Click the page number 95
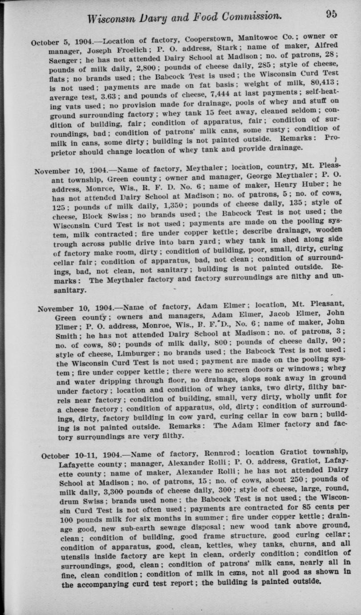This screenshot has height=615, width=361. (331, 14)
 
